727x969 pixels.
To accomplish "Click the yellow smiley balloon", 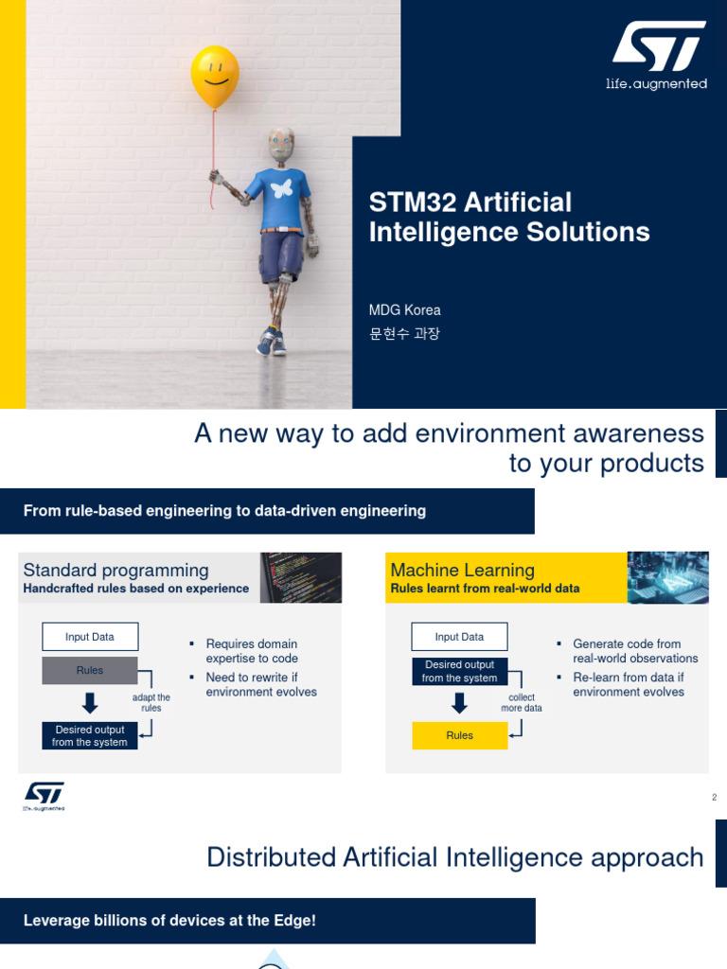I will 214,77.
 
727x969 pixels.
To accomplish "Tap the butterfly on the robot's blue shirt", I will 281,188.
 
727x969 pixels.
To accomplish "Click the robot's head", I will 281,145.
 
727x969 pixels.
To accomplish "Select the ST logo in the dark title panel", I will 657,56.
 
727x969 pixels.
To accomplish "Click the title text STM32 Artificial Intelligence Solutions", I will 509,217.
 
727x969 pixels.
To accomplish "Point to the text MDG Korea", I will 404,309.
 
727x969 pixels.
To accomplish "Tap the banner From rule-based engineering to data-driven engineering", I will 224,511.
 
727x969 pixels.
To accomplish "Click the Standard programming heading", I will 115,570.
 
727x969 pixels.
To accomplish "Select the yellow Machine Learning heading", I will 463,570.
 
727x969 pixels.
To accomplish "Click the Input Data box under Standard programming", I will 90,637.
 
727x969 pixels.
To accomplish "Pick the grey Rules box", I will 90,671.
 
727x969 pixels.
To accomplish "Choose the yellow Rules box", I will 459,735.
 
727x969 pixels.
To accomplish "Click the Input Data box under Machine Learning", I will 459,637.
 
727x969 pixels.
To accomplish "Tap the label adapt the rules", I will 151,703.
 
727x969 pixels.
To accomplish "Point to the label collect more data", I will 522,703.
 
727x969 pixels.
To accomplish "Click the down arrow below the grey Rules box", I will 90,702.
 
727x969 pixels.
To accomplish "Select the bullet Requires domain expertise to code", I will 251,651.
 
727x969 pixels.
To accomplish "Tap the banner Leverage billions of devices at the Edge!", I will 169,921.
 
